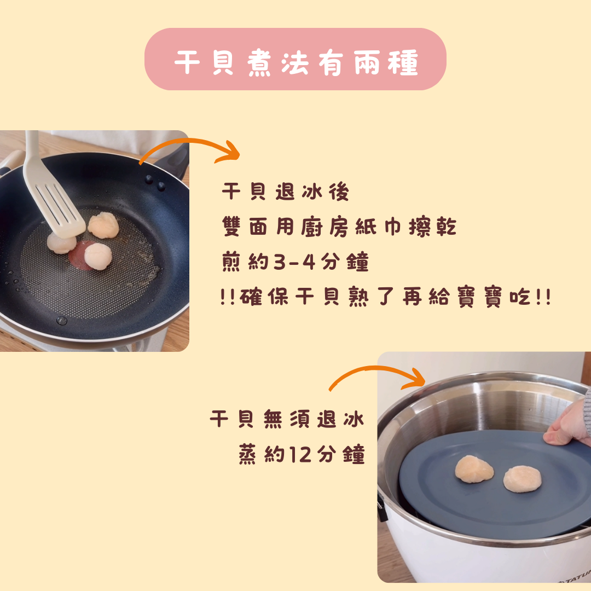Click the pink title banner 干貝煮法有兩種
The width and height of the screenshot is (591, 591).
[296, 59]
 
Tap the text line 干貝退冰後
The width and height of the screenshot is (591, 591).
[285, 192]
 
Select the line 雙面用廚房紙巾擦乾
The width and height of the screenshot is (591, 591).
[339, 227]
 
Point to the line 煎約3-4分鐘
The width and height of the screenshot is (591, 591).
[295, 262]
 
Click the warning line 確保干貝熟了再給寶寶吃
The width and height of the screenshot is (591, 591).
[386, 297]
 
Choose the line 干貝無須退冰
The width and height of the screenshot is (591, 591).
[287, 419]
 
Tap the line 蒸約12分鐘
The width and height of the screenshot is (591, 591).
[302, 454]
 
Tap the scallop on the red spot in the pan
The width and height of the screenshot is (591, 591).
[98, 256]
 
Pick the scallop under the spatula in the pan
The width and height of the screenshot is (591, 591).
[61, 243]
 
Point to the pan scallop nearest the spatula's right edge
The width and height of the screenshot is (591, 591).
[103, 225]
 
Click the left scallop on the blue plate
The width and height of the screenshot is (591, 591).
[474, 469]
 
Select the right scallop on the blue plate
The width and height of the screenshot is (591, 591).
[523, 479]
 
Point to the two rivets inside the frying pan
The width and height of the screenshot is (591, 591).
[155, 182]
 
